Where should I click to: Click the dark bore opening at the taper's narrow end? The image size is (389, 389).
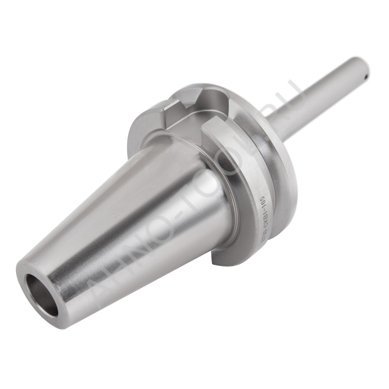pos(42,295)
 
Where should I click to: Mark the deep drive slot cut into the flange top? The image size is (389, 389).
pos(202,102)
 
